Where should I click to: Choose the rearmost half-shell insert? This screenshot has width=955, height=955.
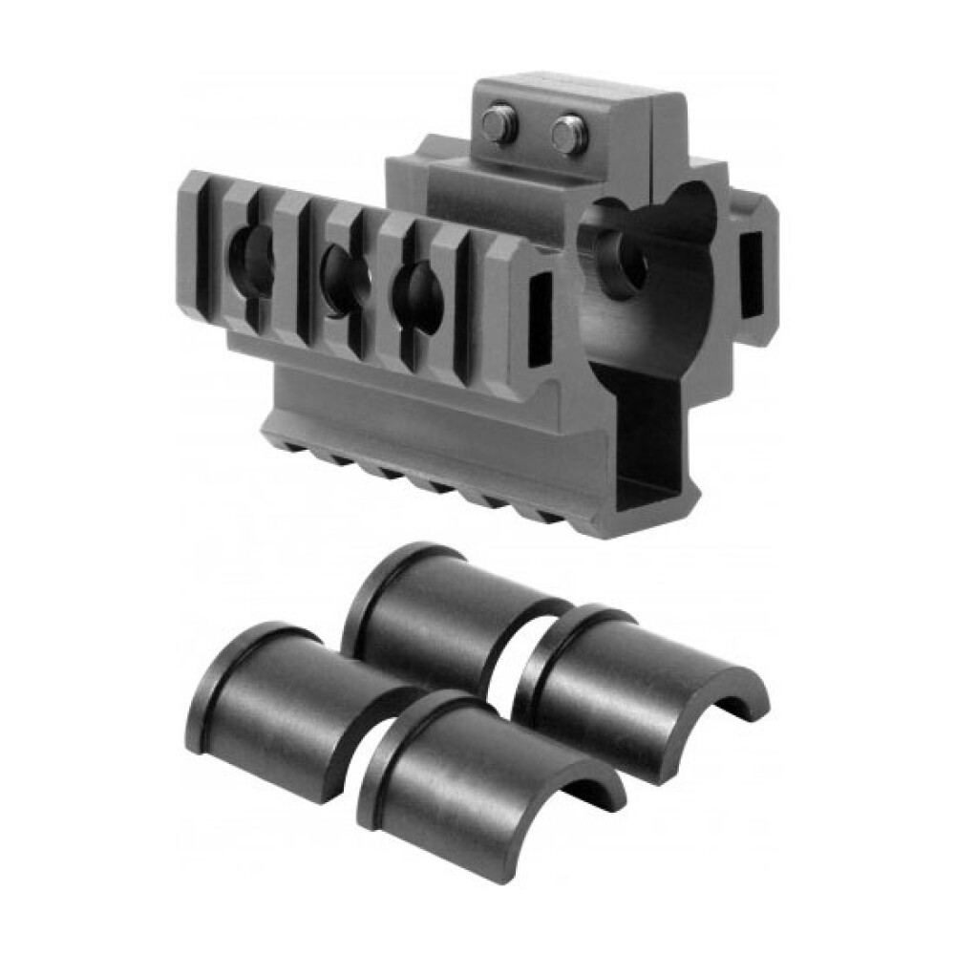pyautogui.click(x=449, y=611)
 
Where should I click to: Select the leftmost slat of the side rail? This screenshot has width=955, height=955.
pyautogui.click(x=199, y=239)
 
